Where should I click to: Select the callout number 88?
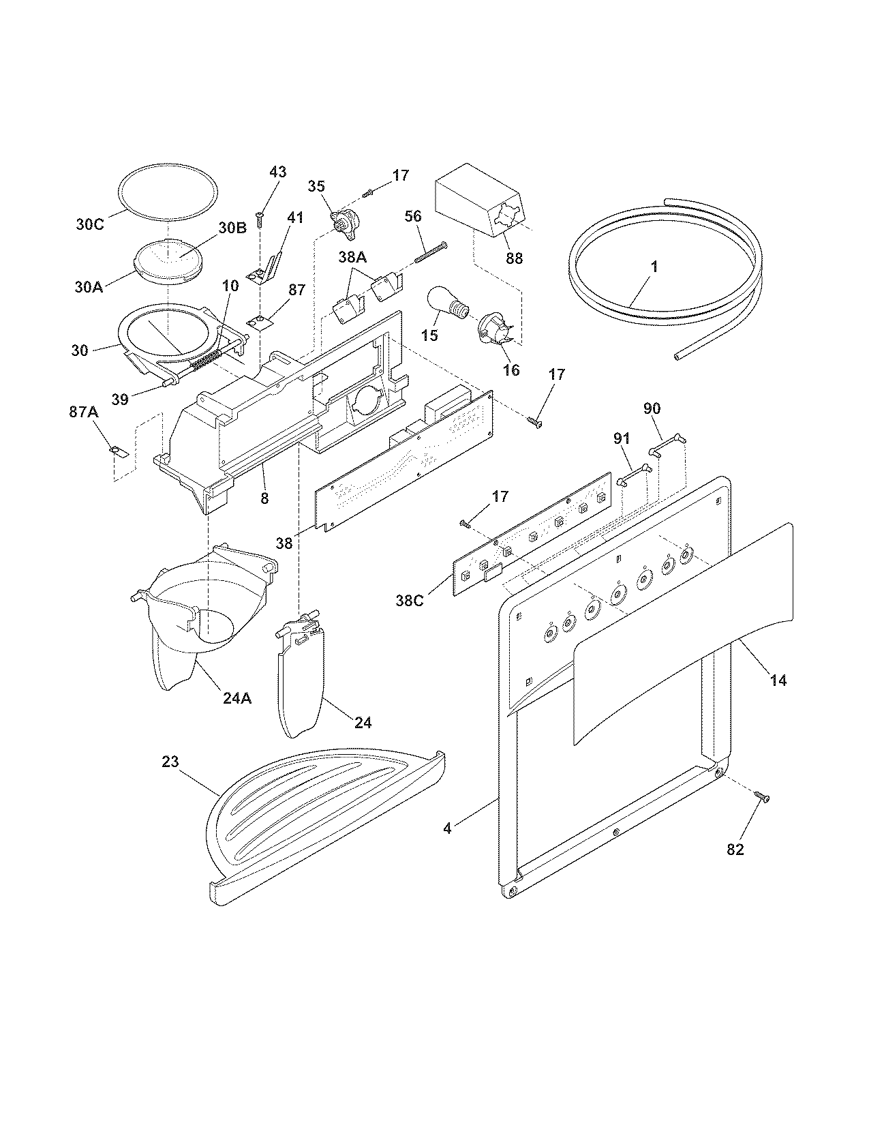click(514, 258)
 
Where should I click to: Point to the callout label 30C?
click(89, 224)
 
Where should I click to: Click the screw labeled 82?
click(761, 796)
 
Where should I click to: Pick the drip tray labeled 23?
click(320, 815)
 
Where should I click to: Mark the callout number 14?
click(778, 679)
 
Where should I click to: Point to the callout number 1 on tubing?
click(654, 267)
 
